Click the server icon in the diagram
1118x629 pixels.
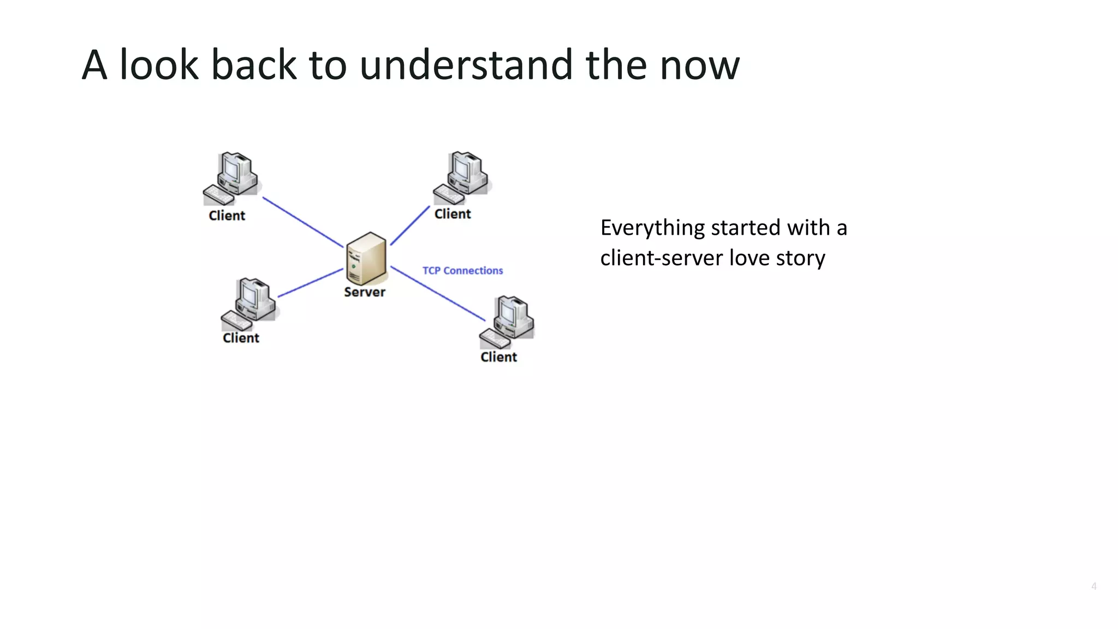(x=366, y=258)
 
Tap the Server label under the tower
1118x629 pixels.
(x=365, y=292)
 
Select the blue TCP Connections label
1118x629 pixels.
(x=462, y=271)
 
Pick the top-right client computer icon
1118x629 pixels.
(x=462, y=177)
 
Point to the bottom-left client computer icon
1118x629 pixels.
(x=249, y=304)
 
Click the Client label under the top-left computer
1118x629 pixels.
(x=227, y=216)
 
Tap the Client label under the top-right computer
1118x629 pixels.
(x=453, y=214)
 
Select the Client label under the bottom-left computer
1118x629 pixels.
(x=241, y=338)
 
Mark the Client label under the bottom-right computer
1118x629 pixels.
(x=498, y=357)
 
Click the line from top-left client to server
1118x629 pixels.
(x=303, y=222)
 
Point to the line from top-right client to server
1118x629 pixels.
(x=410, y=226)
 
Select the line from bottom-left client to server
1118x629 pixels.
(x=310, y=283)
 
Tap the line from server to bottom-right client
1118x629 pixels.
(x=438, y=293)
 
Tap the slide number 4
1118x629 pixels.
(x=1093, y=586)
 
